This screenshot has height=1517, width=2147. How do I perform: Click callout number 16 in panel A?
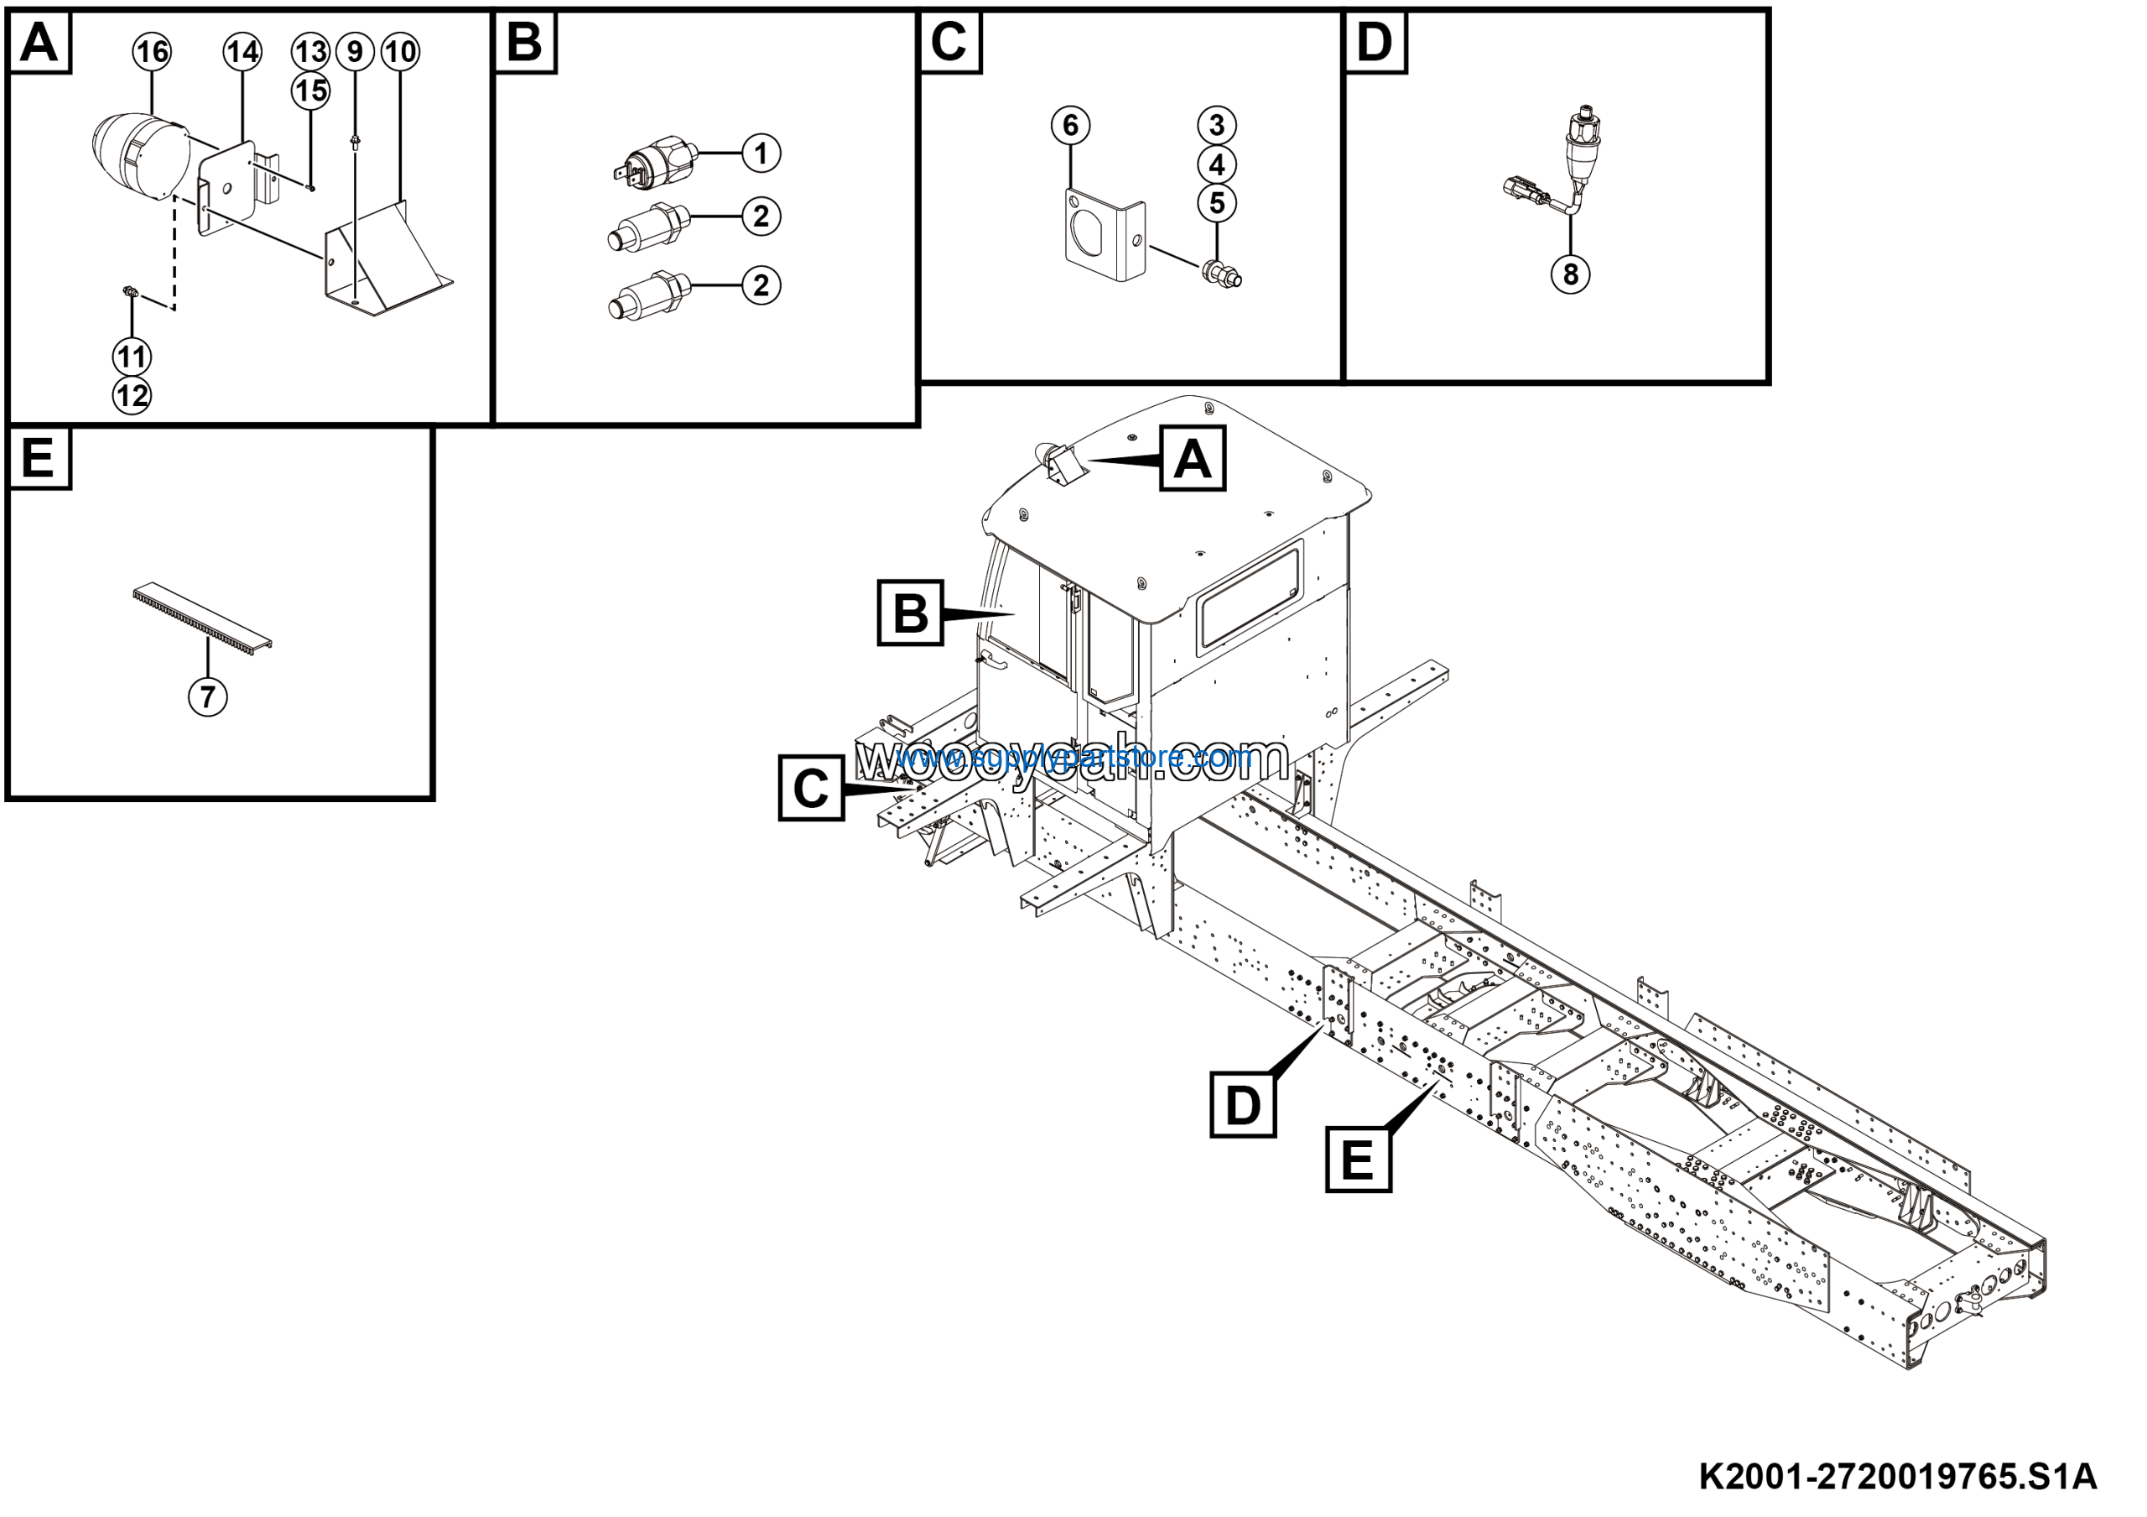[x=152, y=52]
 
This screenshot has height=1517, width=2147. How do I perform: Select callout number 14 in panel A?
[x=242, y=52]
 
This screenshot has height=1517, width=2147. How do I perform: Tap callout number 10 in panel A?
[x=400, y=52]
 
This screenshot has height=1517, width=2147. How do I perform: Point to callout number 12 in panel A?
[x=132, y=397]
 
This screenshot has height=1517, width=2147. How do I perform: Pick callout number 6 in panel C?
[x=1071, y=125]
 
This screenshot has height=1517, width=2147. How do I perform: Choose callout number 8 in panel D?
[x=1570, y=274]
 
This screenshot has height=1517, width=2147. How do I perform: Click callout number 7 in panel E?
[x=208, y=696]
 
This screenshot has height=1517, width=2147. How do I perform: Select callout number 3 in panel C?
[x=1217, y=125]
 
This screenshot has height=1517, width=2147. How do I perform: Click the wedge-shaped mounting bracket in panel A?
[x=383, y=262]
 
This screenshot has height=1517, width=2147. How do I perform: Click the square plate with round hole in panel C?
[x=1104, y=234]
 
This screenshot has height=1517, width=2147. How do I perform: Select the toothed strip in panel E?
[x=201, y=618]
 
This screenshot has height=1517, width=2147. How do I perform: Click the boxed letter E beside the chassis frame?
[x=1358, y=1160]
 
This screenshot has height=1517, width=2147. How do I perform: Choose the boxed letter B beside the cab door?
[x=910, y=613]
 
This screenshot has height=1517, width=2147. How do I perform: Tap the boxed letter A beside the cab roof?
[x=1193, y=458]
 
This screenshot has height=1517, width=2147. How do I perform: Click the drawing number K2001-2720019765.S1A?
[x=1897, y=1477]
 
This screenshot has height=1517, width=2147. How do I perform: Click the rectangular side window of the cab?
[x=1250, y=597]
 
